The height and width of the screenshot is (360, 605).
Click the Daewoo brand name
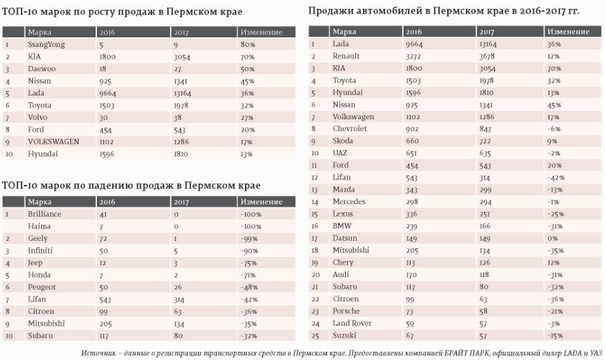tap(42, 68)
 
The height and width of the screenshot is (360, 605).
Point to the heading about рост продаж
tap(122, 12)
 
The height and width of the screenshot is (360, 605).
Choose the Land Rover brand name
tap(352, 323)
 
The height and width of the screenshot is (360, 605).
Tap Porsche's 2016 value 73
tap(412, 311)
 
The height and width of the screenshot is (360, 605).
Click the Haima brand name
tap(39, 226)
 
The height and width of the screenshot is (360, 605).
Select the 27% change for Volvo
tap(247, 117)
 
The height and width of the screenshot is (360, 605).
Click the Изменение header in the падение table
tap(261, 202)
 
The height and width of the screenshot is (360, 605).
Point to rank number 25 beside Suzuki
tap(314, 335)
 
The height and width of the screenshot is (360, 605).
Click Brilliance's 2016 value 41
tap(103, 214)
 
